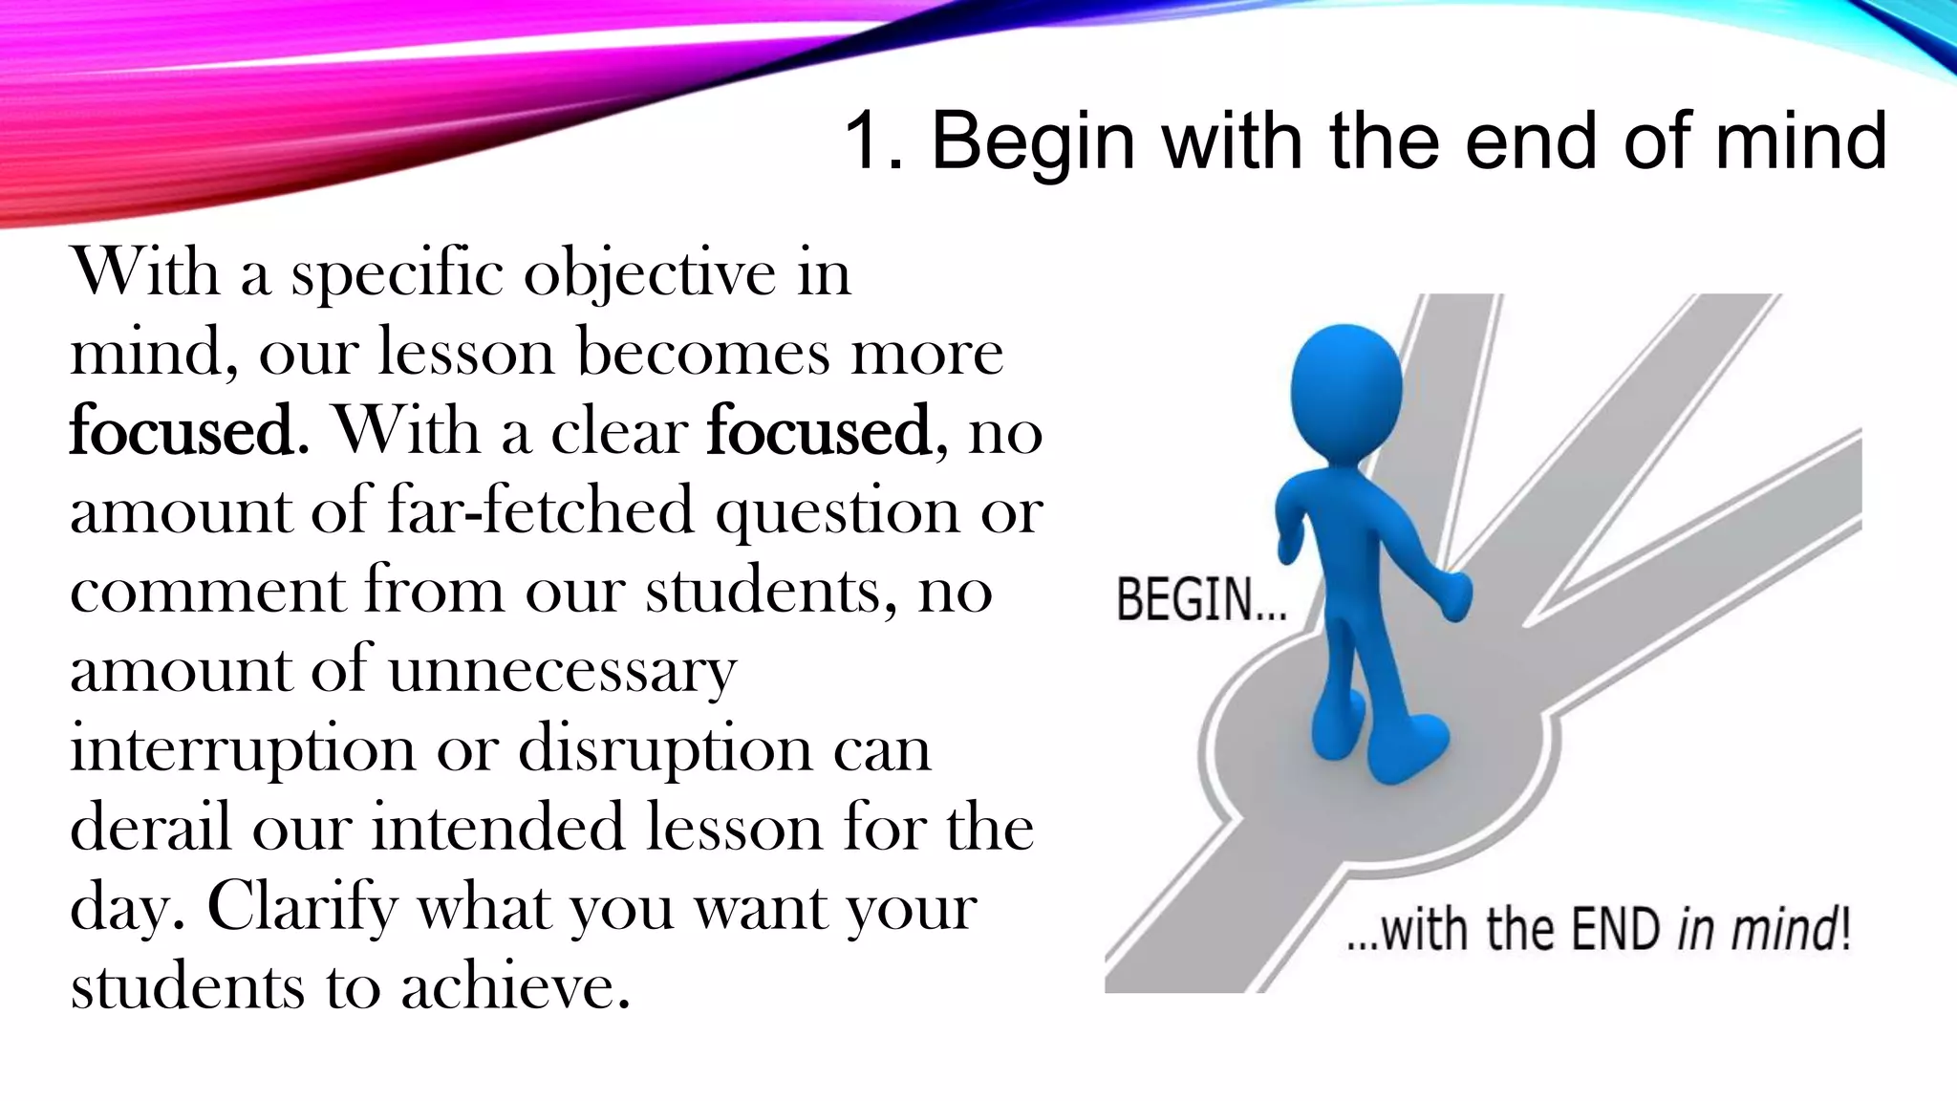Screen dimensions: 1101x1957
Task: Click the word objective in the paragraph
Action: click(650, 274)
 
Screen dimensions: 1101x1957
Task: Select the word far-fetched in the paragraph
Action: click(541, 510)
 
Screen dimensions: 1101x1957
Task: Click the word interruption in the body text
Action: click(243, 750)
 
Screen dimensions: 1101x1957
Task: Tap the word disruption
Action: click(665, 750)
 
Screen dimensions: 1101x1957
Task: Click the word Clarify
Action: click(302, 908)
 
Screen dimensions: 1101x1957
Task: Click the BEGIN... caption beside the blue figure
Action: click(1201, 601)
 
